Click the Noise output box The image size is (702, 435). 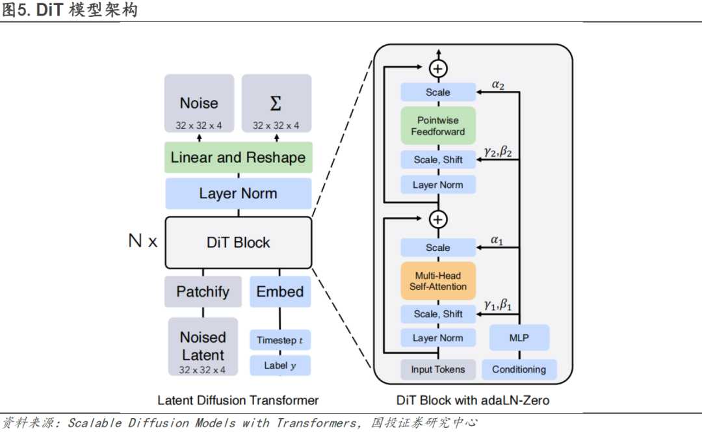point(200,103)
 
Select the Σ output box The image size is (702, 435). point(276,103)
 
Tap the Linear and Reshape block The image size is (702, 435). point(238,157)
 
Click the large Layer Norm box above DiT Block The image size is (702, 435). point(238,194)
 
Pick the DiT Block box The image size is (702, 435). point(238,243)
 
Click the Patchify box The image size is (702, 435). point(203,292)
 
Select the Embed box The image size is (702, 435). point(280,292)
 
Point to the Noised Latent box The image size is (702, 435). point(203,347)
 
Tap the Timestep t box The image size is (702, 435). point(280,340)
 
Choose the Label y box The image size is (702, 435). point(280,365)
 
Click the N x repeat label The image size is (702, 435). point(143,241)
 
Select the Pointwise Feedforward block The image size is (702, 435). point(438,125)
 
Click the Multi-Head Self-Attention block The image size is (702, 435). point(438,281)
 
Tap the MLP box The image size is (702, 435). point(519,337)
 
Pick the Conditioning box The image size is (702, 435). point(519,369)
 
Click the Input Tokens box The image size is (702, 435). point(438,369)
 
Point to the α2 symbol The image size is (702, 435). point(498,85)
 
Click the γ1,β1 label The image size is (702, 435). point(498,305)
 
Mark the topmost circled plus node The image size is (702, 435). point(438,68)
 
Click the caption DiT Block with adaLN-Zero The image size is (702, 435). point(473,400)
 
